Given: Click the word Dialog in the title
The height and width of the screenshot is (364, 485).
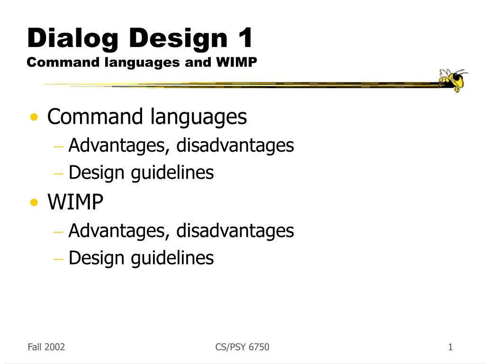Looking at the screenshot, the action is click(x=73, y=39).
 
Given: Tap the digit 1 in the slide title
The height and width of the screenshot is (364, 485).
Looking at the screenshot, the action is click(x=245, y=37).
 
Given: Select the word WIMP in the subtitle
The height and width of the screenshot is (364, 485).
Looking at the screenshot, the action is click(x=237, y=62).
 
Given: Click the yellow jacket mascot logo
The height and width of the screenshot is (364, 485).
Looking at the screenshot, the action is click(x=453, y=80).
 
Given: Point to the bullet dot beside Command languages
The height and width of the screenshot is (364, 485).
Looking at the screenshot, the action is click(x=34, y=118).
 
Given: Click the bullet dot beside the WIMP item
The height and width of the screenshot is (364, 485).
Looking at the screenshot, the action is click(x=34, y=202).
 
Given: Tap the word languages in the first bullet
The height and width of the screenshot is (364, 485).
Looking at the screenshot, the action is click(x=198, y=118).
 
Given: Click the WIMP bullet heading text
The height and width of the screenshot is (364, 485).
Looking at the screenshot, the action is click(x=75, y=202).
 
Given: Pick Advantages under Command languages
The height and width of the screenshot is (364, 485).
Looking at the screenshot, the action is click(x=119, y=146).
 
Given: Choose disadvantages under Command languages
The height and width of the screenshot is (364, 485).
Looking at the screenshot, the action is click(x=235, y=145).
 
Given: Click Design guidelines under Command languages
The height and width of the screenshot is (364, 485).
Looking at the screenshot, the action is click(x=141, y=173).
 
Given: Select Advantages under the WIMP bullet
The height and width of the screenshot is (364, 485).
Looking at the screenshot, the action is click(x=119, y=231).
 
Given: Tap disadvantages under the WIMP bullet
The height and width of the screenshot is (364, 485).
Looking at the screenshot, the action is click(x=235, y=230).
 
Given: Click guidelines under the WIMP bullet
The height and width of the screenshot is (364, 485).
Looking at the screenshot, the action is click(x=172, y=258).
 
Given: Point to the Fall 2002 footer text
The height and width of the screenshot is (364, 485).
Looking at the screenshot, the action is click(x=46, y=347).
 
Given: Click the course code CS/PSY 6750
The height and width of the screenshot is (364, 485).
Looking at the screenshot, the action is click(x=242, y=347).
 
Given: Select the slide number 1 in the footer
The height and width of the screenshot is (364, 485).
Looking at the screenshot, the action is click(x=450, y=347).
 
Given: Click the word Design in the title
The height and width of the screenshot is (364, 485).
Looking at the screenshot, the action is click(x=178, y=39).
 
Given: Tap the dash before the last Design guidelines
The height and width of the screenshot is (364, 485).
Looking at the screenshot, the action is click(x=58, y=258).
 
